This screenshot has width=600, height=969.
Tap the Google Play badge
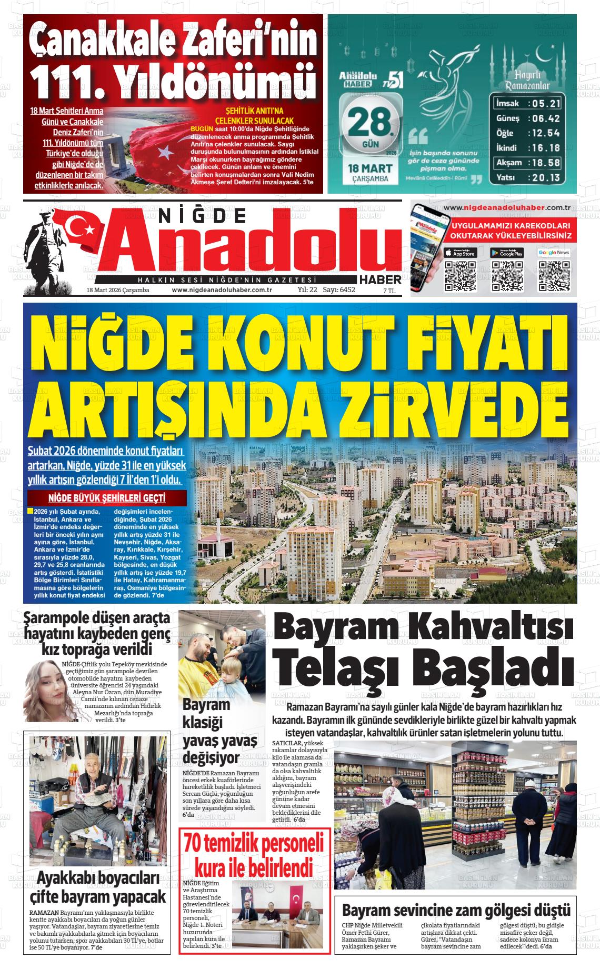[x=507, y=253]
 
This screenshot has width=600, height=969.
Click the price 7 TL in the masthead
[x=389, y=291]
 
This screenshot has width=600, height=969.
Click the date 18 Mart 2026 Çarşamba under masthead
[x=118, y=290]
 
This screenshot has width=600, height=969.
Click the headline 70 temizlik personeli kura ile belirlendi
[x=254, y=855]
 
